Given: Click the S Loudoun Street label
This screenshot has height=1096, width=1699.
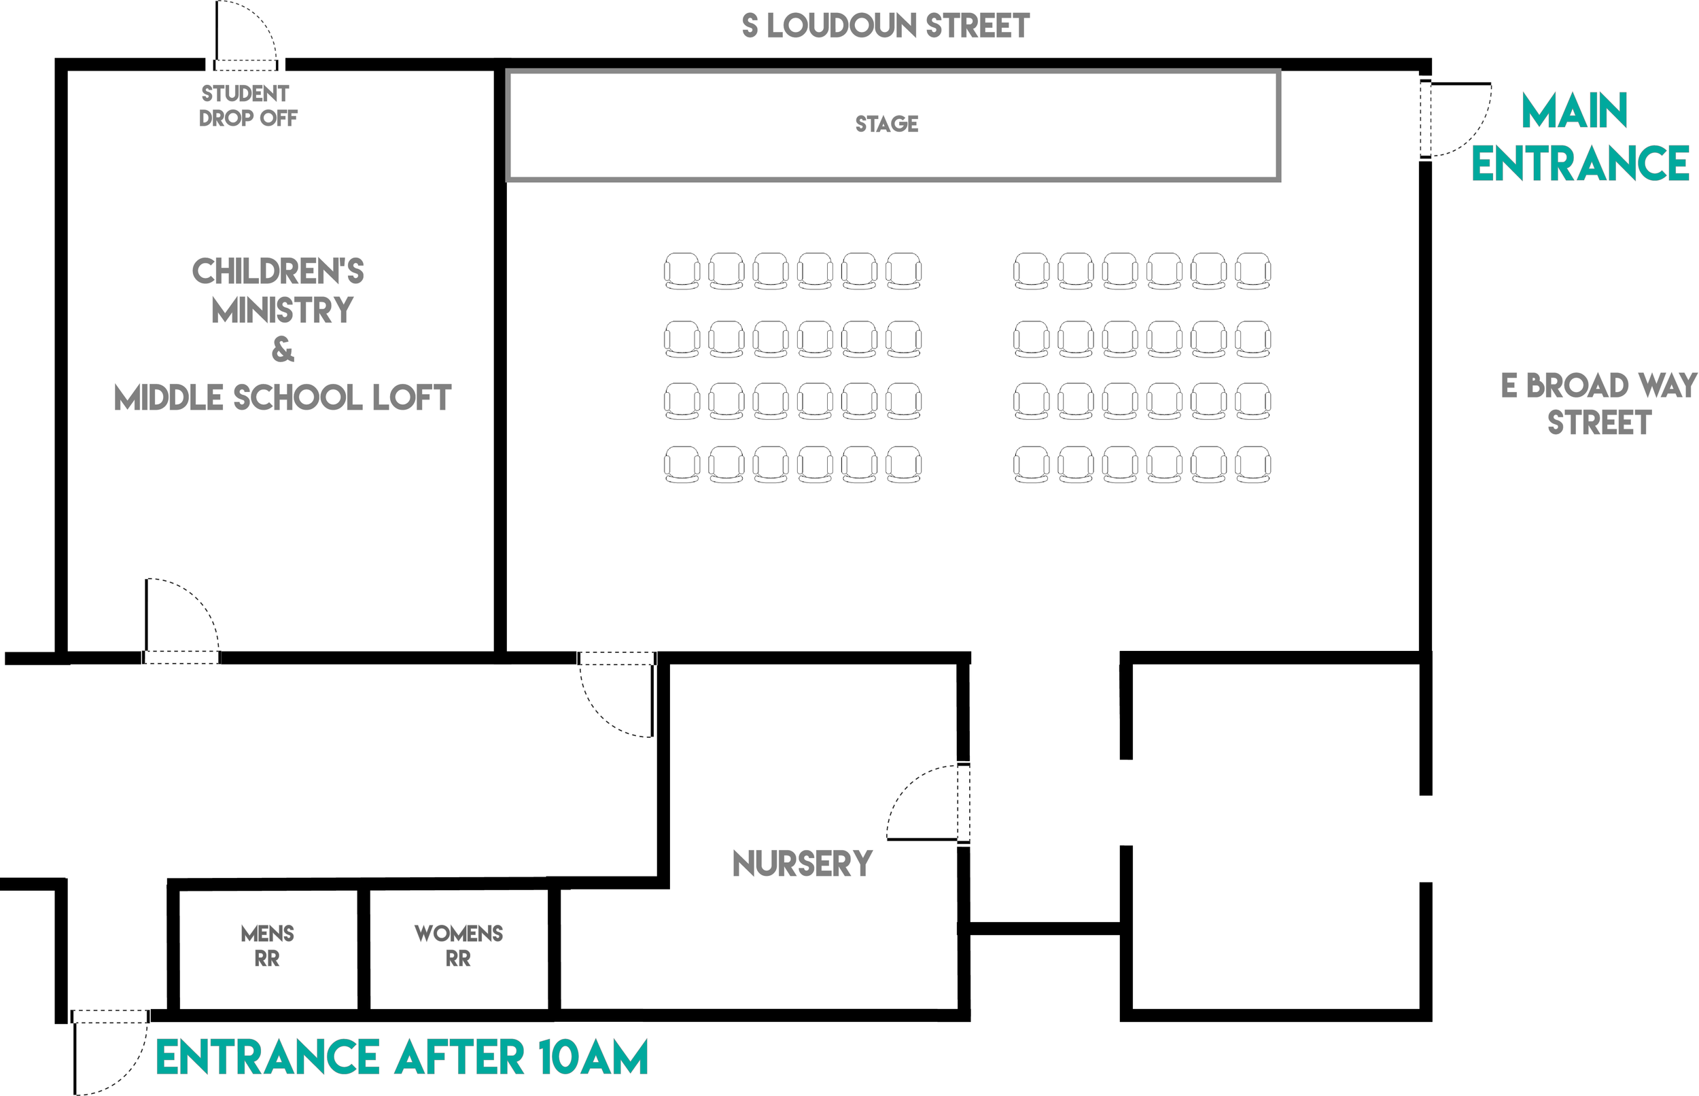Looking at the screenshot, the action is pyautogui.click(x=886, y=26).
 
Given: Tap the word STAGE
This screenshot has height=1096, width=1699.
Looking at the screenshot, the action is pyautogui.click(x=887, y=124).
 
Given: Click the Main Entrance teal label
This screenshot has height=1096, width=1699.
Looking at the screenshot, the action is pyautogui.click(x=1580, y=137).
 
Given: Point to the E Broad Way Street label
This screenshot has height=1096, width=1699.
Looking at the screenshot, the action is pyautogui.click(x=1599, y=404).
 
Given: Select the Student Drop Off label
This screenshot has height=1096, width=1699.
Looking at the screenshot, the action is pyautogui.click(x=247, y=105).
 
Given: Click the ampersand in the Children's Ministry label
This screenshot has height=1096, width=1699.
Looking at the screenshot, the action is pyautogui.click(x=283, y=349).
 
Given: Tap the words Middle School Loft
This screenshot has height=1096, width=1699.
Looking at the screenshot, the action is pyautogui.click(x=283, y=397).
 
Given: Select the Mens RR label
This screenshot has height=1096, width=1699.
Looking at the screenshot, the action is pyautogui.click(x=267, y=946).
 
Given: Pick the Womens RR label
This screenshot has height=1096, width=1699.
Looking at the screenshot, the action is pyautogui.click(x=458, y=946).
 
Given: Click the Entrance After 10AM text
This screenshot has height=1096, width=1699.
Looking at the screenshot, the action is pyautogui.click(x=402, y=1057).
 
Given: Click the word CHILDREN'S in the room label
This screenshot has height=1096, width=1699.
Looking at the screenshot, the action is pyautogui.click(x=279, y=271).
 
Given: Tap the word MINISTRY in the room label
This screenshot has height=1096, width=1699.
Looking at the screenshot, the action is pyautogui.click(x=283, y=311).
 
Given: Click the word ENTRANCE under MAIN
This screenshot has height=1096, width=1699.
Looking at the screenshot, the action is pyautogui.click(x=1580, y=164).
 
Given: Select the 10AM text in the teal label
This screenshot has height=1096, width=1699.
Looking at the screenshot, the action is pyautogui.click(x=593, y=1057).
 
